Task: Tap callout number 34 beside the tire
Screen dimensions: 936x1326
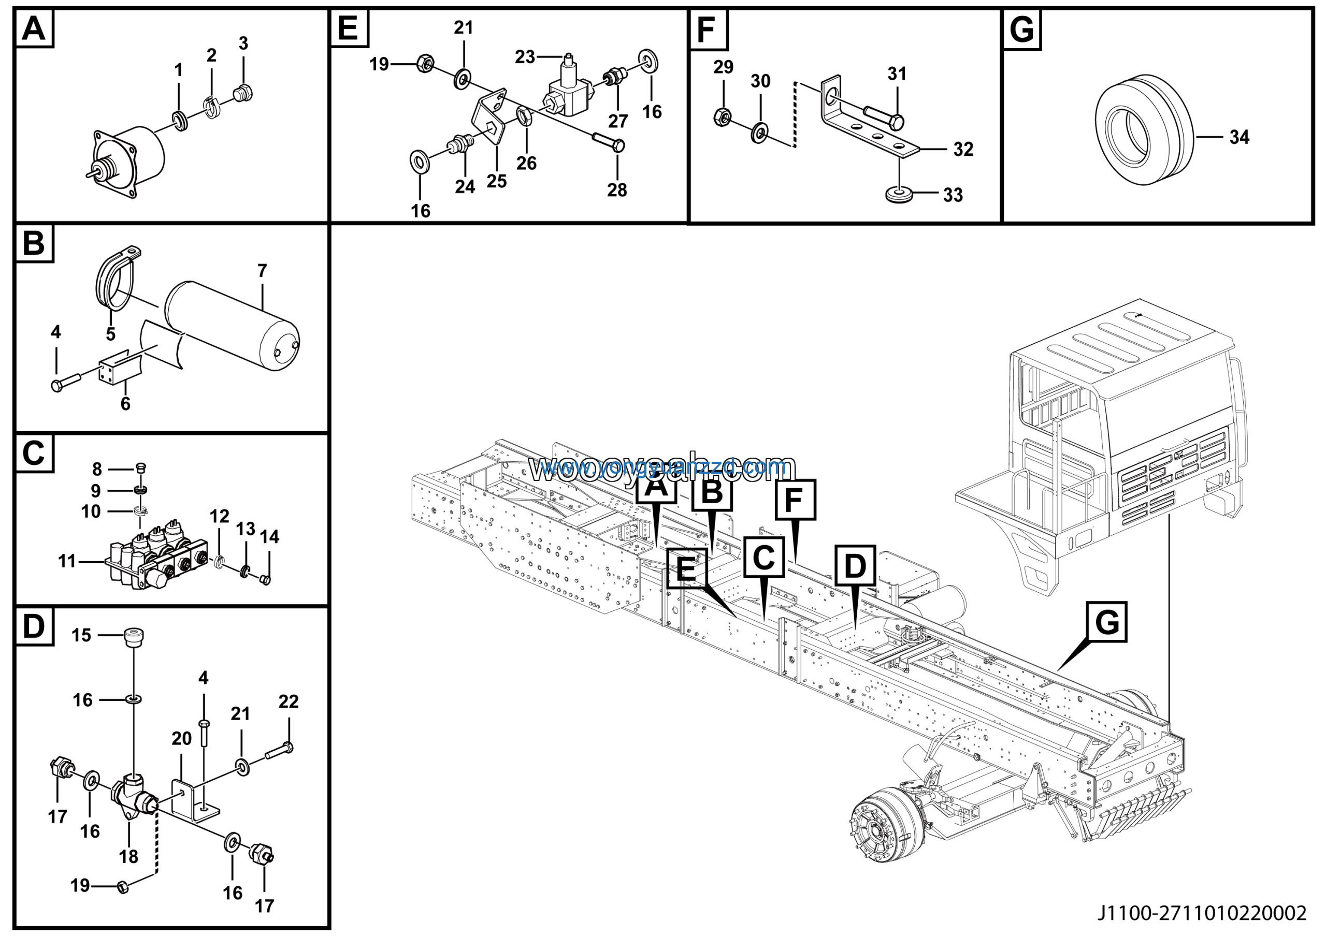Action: point(1239,137)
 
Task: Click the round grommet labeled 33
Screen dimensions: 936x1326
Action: point(899,193)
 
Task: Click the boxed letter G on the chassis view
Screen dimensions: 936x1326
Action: point(1106,623)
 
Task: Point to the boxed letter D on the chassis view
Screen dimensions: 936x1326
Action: point(855,566)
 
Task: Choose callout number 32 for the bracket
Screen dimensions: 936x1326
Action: point(963,150)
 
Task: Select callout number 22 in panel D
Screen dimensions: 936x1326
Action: point(289,701)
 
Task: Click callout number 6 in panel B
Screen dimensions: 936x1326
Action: point(125,403)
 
